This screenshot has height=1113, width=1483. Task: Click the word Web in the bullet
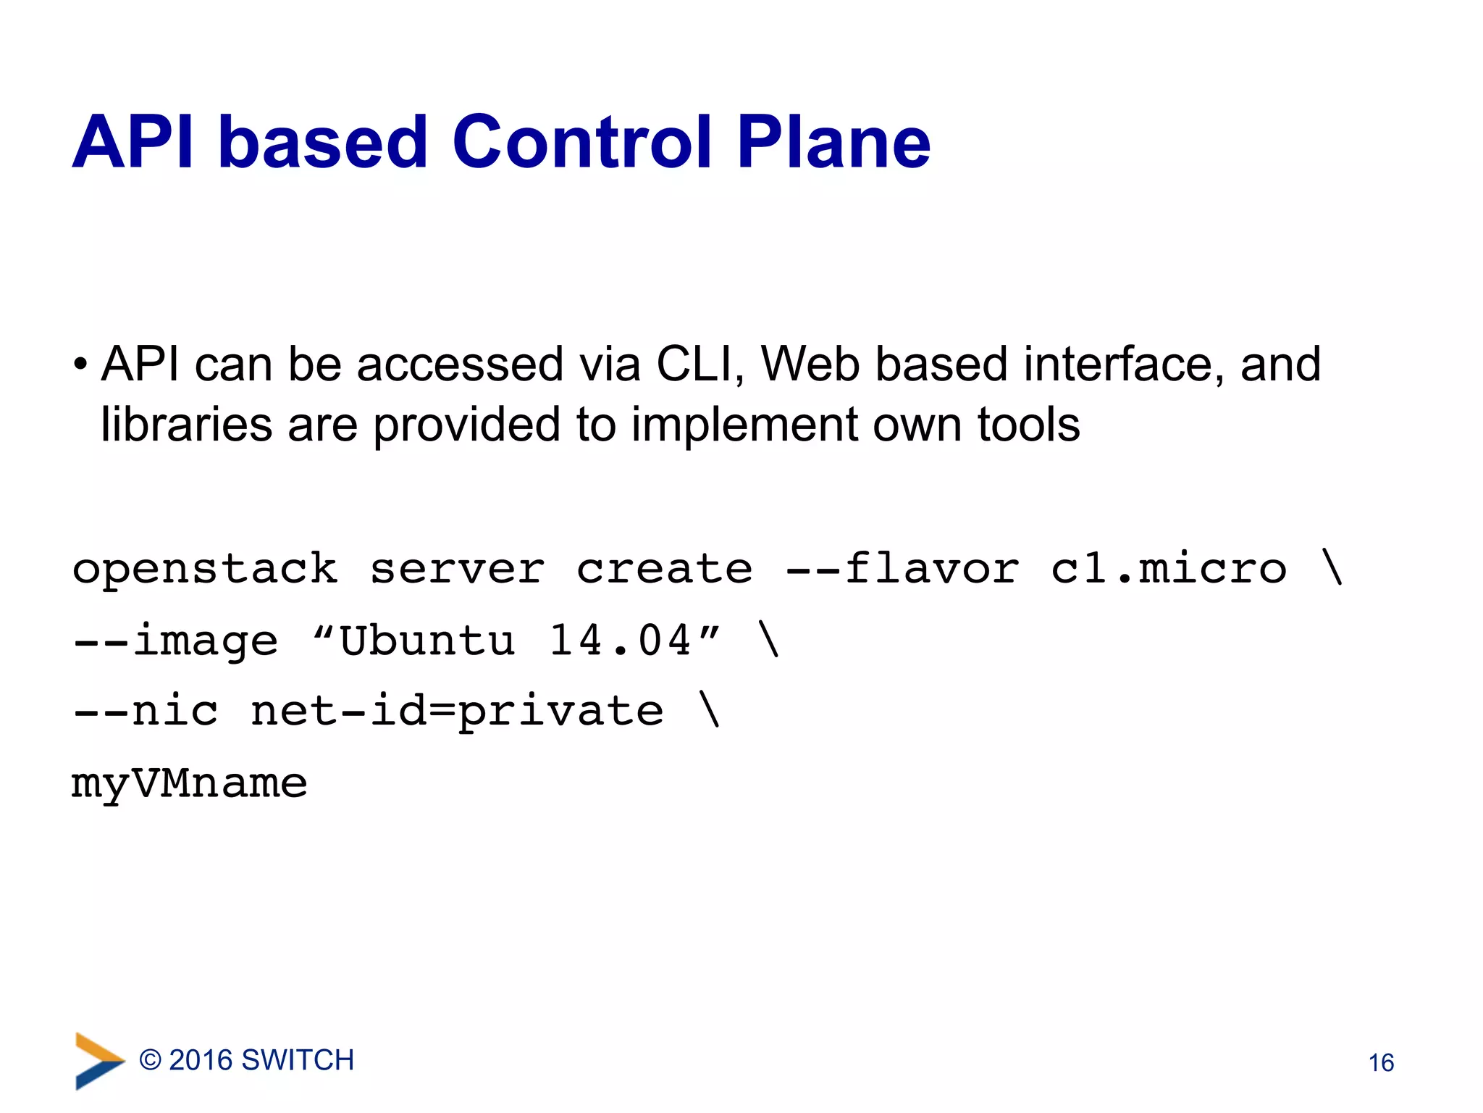811,364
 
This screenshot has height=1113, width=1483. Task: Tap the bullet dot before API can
80,364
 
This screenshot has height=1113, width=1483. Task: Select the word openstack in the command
205,570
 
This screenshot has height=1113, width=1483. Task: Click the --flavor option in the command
902,568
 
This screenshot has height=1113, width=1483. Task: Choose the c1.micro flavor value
1168,570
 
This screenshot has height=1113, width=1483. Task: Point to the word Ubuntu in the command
427,641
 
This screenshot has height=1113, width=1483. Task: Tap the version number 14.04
620,641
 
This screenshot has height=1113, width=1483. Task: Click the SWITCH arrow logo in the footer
98,1061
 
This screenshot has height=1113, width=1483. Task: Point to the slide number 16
1381,1063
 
